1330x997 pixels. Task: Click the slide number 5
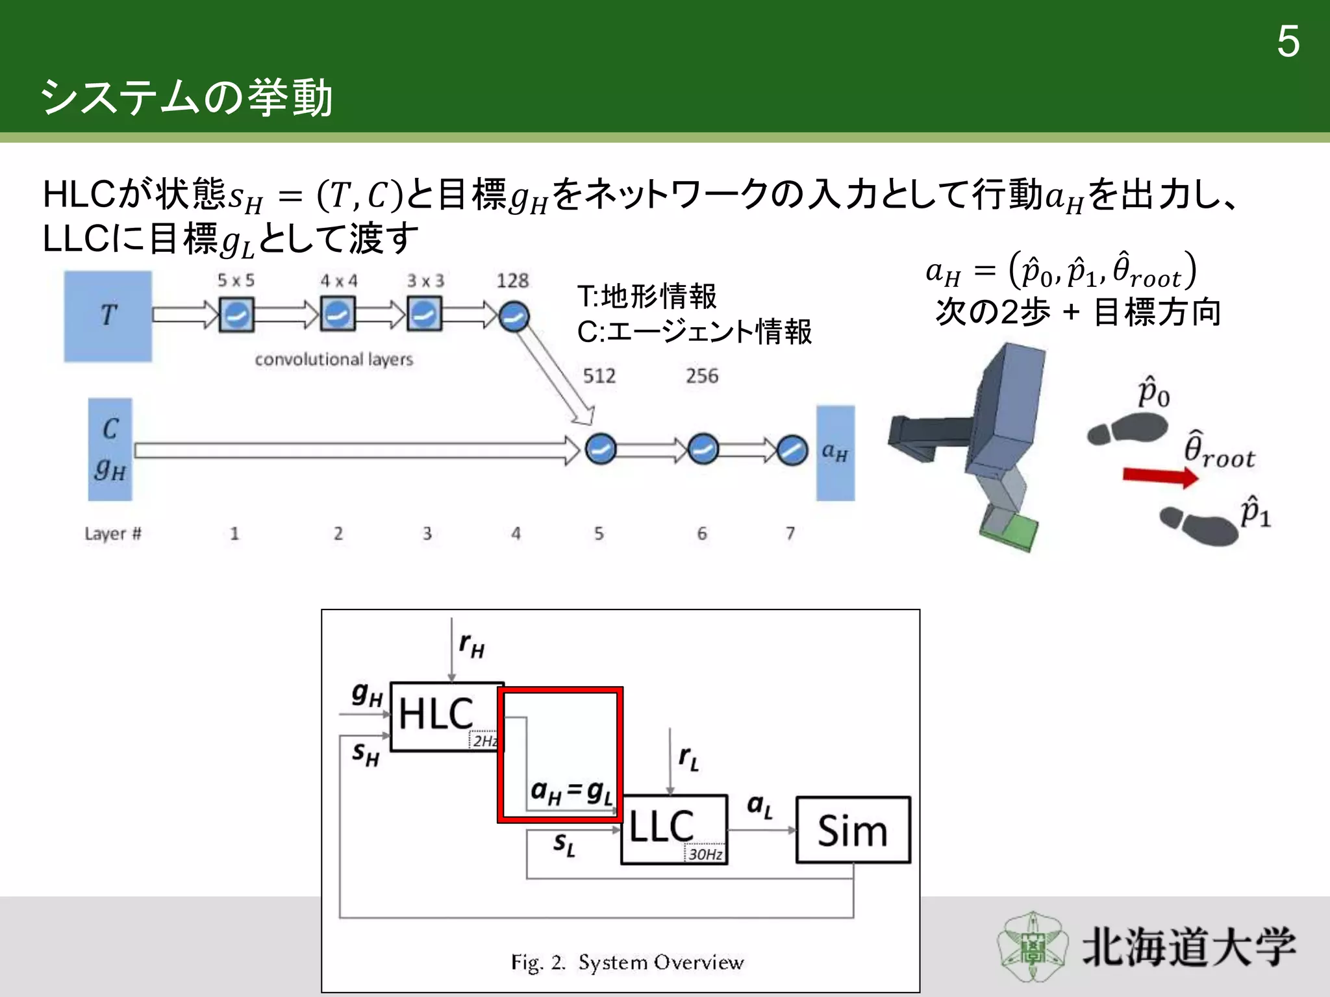coord(1288,42)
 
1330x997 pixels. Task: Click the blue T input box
coord(108,316)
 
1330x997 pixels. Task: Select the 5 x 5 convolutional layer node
coord(236,315)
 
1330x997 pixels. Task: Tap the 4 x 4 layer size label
coord(338,281)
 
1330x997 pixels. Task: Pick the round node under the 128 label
coord(514,317)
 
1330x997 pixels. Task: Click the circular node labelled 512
coord(600,449)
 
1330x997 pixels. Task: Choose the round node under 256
coord(703,449)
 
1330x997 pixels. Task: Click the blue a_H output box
coord(835,453)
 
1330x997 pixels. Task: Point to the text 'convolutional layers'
coord(334,360)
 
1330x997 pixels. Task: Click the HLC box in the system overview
coord(445,716)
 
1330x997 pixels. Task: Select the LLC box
coord(673,829)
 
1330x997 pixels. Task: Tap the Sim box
coord(853,830)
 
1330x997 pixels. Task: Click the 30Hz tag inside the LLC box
coord(705,854)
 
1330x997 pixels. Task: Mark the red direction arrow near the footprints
coord(1160,476)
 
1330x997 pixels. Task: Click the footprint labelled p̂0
coord(1127,431)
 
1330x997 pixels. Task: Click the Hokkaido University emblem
coord(1033,946)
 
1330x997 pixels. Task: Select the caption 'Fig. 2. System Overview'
coord(627,962)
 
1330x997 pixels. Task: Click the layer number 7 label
coord(790,534)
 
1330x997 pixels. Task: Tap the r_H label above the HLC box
coord(471,646)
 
